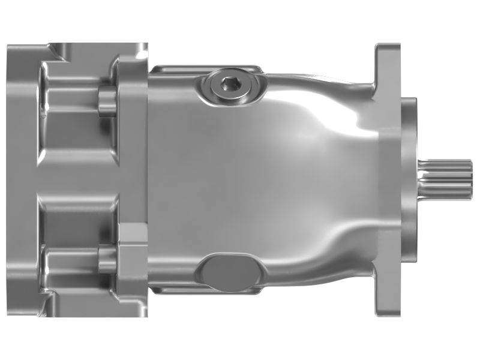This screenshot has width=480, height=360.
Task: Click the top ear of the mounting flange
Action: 387,66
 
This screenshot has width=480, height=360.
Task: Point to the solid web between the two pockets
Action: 75,180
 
